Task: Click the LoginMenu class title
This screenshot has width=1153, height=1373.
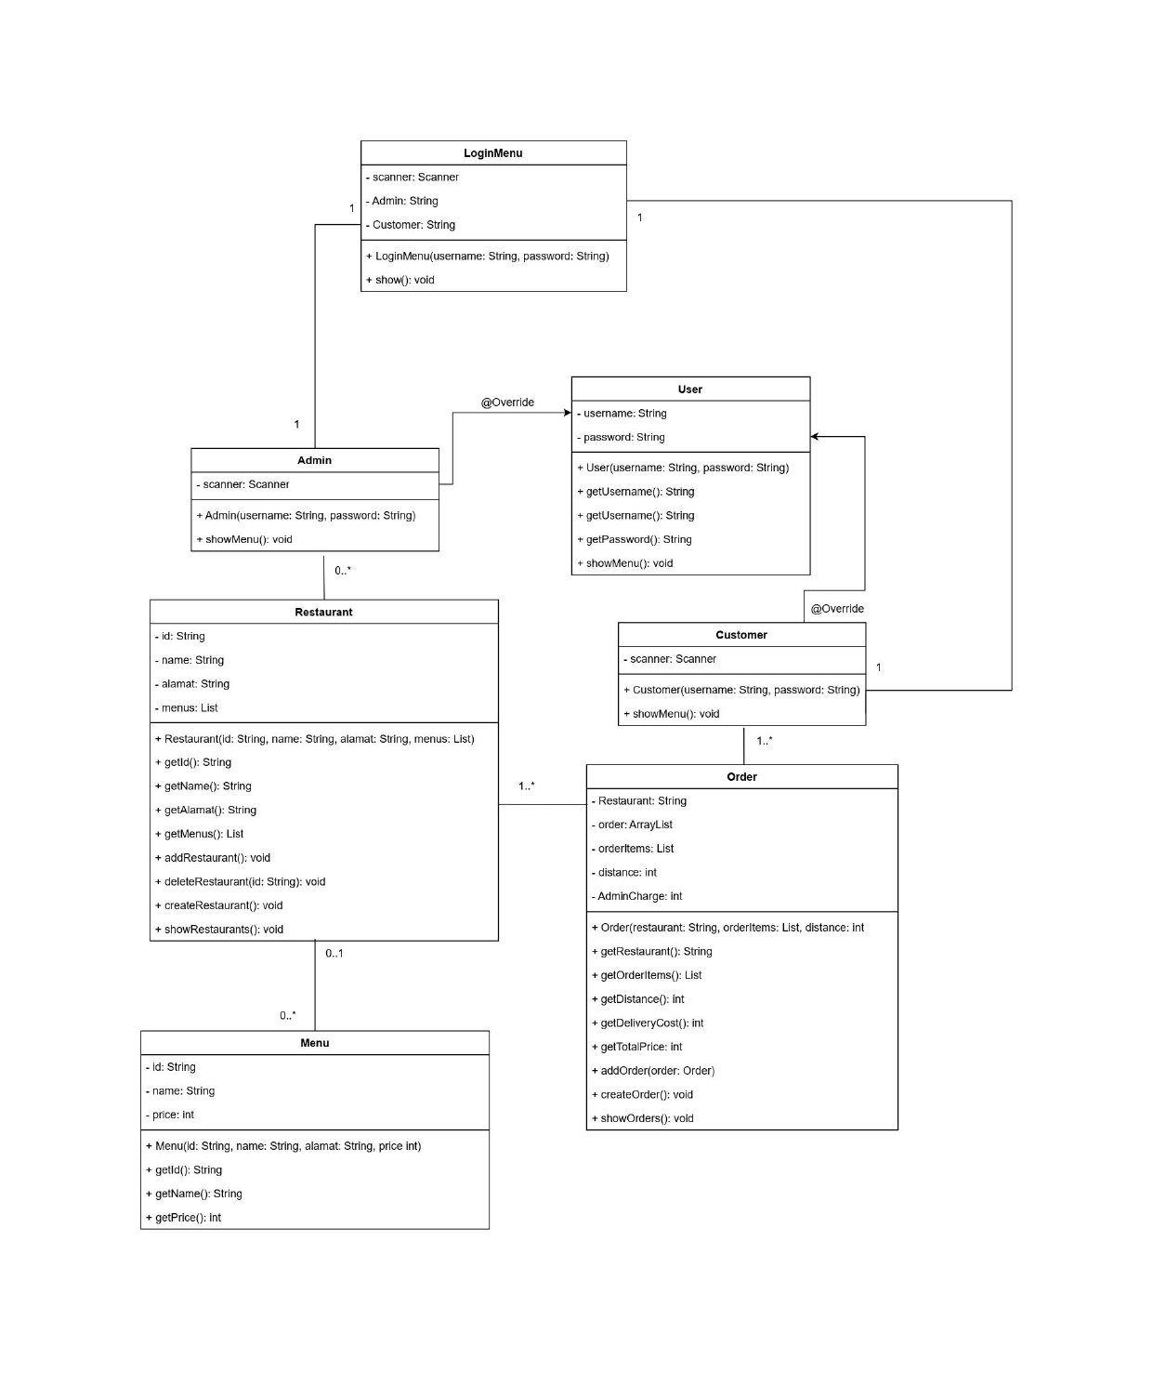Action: pyautogui.click(x=492, y=153)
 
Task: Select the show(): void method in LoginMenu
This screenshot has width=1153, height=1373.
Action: pyautogui.click(x=400, y=280)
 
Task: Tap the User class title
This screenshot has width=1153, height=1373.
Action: pyautogui.click(x=690, y=389)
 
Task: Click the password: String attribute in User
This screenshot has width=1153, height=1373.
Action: pyautogui.click(x=621, y=437)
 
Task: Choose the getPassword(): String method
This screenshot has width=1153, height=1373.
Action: pyautogui.click(x=635, y=539)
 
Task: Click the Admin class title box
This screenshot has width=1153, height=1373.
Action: pyautogui.click(x=314, y=460)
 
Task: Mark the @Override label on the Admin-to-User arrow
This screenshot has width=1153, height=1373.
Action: pyautogui.click(x=507, y=403)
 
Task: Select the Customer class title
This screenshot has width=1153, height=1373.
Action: pyautogui.click(x=741, y=635)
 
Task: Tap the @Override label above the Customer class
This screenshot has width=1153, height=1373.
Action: pyautogui.click(x=837, y=609)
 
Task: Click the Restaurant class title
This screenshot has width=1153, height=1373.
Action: pyautogui.click(x=323, y=612)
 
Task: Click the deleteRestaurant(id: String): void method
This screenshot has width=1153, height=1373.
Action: pyautogui.click(x=240, y=881)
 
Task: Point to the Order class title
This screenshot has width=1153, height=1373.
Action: pyautogui.click(x=741, y=777)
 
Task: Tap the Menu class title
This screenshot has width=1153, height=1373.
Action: pyautogui.click(x=314, y=1043)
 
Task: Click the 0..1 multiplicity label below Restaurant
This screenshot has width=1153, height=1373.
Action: pyautogui.click(x=334, y=954)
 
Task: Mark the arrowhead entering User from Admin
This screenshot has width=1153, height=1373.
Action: pyautogui.click(x=567, y=413)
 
